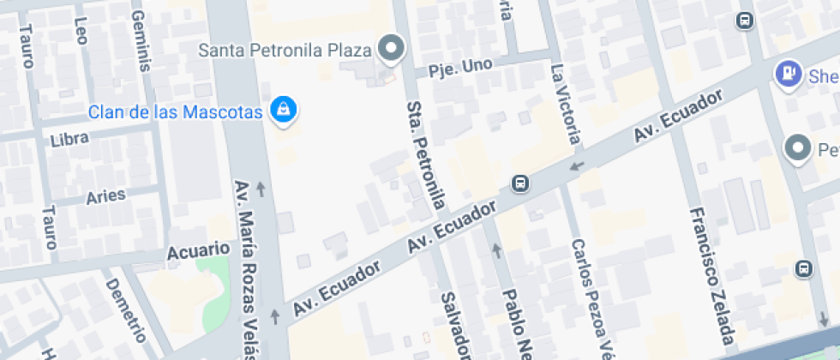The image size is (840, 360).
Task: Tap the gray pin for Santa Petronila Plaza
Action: coord(392,48)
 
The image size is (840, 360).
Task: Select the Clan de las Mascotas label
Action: coord(175,111)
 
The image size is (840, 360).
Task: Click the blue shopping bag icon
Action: coord(282,109)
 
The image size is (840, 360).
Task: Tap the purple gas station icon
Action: coord(786,73)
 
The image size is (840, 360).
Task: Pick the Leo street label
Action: coord(81,30)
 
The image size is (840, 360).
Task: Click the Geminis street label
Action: coord(140,44)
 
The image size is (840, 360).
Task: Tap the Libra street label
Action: coord(69,139)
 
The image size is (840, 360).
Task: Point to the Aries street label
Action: coord(106,196)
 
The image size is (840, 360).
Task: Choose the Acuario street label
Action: coord(198,251)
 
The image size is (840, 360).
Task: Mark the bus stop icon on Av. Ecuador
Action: coord(519,183)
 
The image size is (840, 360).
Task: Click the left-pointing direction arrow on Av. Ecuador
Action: coord(577,165)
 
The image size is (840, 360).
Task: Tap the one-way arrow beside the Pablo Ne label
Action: coord(495,250)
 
